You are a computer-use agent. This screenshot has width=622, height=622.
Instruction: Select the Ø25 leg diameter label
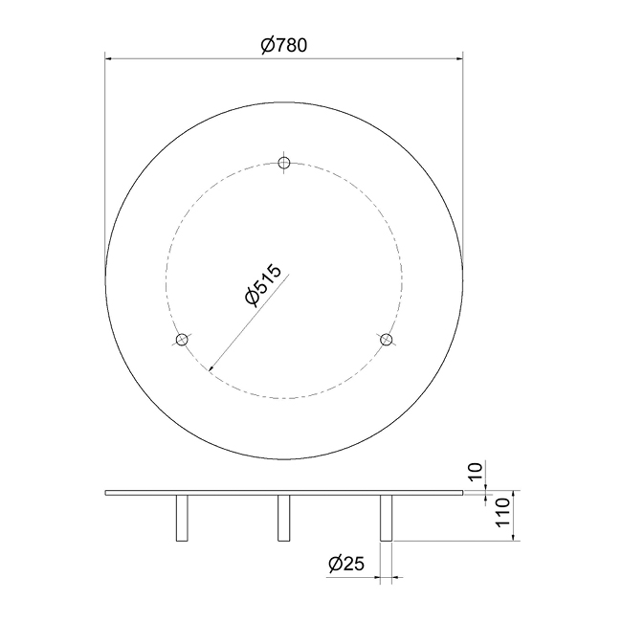345,564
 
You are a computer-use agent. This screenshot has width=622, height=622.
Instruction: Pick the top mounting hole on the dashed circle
283,163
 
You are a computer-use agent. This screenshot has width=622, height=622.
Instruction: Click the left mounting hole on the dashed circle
182,340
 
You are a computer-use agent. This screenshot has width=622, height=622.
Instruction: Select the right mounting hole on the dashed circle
386,340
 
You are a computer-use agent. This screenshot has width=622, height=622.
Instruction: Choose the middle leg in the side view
283,519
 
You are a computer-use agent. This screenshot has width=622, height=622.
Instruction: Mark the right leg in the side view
386,519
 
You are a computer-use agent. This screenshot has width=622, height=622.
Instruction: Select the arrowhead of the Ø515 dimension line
212,367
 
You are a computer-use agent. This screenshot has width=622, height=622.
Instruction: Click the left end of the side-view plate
106,494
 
